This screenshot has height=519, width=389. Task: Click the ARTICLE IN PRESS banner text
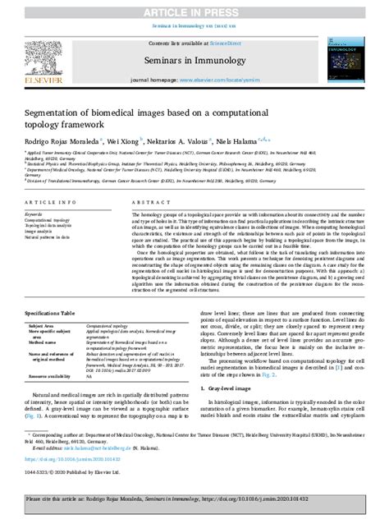click(x=194, y=10)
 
